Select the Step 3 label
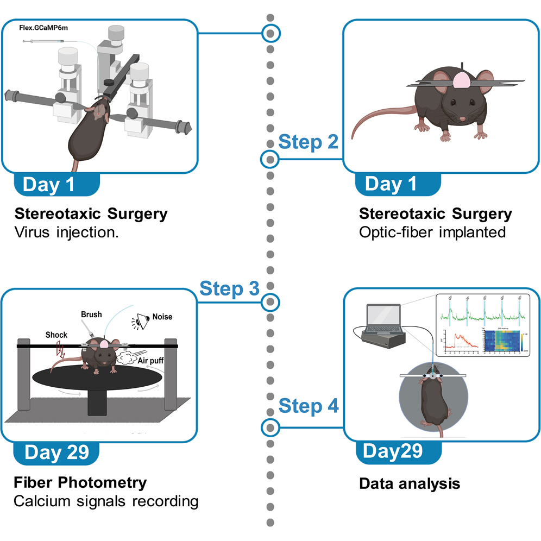[x=230, y=288]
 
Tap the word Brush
[x=91, y=314]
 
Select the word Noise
[x=162, y=317]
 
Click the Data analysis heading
[x=410, y=483]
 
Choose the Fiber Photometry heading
[x=80, y=482]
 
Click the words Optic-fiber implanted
[x=432, y=232]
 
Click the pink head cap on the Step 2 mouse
[x=461, y=80]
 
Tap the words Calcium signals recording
[x=105, y=501]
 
